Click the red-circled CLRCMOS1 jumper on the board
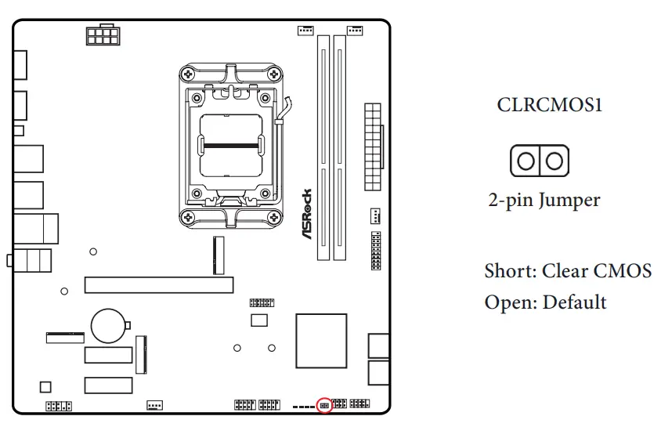coord(324,405)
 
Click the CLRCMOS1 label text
coord(550,105)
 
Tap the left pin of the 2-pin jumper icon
coord(526,161)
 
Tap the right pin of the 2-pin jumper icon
coord(554,161)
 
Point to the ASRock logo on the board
coord(306,214)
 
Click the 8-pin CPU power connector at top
coord(103,36)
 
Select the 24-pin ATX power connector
coord(373,146)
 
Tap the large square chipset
coord(321,340)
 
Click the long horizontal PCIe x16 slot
coord(158,284)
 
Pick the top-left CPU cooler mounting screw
coord(186,74)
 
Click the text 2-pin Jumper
coord(544,200)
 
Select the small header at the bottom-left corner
coord(58,406)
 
